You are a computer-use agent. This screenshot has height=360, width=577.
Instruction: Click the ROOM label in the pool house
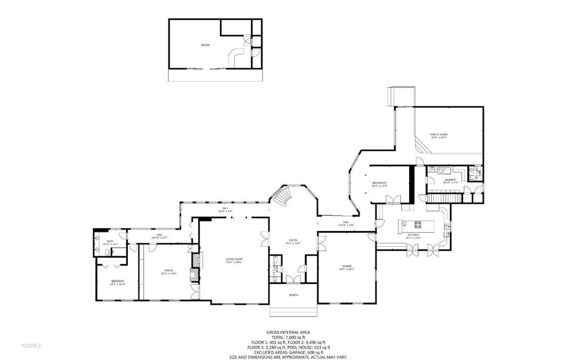pos(205,45)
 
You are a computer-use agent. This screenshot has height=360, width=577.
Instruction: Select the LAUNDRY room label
pos(450,181)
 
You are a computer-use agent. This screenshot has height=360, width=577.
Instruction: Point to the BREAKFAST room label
pos(379,184)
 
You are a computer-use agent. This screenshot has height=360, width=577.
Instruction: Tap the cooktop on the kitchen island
pos(418,225)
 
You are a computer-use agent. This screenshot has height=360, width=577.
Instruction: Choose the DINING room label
pos(347,267)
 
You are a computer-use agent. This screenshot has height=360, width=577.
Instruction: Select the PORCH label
pos(293,295)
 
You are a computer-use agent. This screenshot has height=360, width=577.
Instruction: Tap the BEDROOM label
pos(117,282)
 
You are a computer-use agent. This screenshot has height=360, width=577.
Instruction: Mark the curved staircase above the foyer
pos(282,196)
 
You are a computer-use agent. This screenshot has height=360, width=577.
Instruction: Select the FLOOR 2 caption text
pos(31,345)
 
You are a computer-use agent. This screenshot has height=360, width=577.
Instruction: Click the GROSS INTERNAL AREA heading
pos(288,332)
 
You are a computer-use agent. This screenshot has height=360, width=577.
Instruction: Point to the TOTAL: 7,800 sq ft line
pos(288,337)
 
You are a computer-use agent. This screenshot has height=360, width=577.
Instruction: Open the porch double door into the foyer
pos(292,279)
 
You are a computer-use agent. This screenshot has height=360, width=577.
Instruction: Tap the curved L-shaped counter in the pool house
pos(234,56)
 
